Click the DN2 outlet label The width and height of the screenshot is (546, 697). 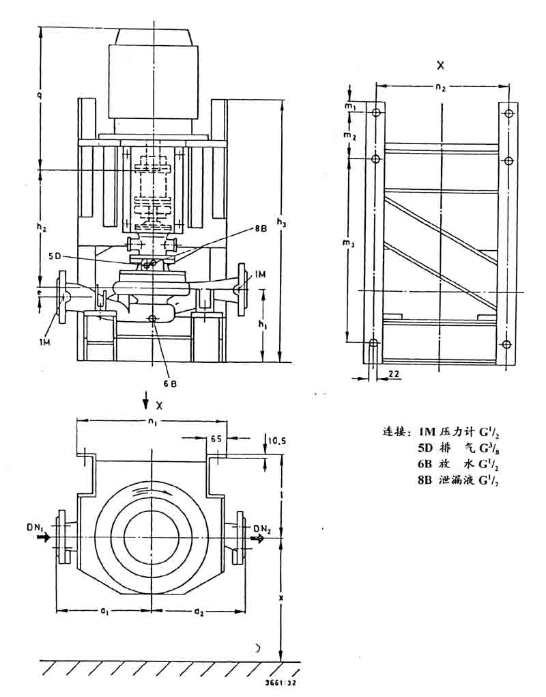(x=263, y=528)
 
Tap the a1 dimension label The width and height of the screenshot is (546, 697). (x=104, y=611)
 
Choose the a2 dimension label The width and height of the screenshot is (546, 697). (x=198, y=611)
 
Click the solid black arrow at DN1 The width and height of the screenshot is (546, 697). (x=44, y=538)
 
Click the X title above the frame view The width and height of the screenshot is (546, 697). (x=440, y=66)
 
